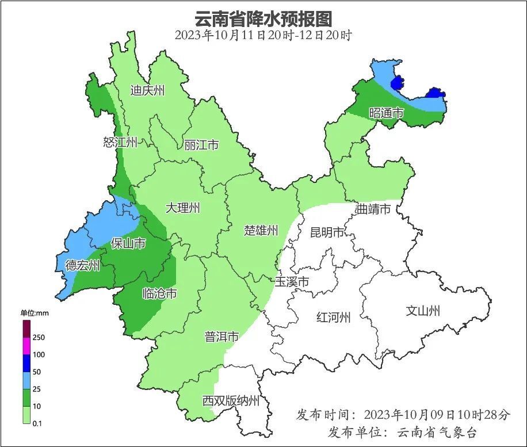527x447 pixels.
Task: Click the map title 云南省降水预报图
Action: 263,18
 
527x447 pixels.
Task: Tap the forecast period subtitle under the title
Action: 263,35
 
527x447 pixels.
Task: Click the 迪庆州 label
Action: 147,90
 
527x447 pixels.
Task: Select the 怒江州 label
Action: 120,142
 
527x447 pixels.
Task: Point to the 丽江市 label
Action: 201,145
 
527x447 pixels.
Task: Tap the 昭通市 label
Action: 386,113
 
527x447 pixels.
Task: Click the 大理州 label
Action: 183,208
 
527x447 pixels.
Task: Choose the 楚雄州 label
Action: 261,231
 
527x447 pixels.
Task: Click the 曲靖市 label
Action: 373,209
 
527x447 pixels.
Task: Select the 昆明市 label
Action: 327,232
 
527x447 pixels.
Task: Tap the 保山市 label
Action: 128,244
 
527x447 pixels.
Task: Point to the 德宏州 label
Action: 82,265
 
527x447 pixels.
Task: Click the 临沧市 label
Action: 159,294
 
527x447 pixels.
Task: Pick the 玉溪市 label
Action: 292,282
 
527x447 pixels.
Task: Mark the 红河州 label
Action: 334,317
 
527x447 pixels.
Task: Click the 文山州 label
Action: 423,311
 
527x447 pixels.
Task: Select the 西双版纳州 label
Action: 231,401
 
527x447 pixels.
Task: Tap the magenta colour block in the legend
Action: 26,346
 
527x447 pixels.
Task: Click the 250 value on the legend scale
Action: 39,338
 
